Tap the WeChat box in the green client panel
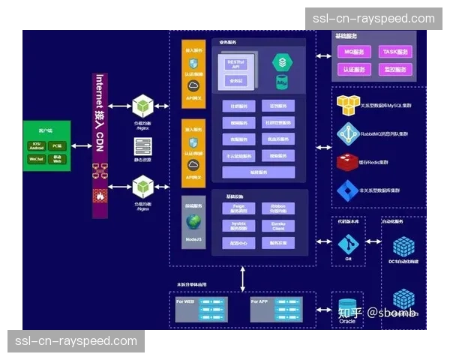[x=35, y=159]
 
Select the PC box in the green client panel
[x=58, y=145]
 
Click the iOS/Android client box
[x=35, y=145]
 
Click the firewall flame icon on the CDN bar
[x=99, y=195]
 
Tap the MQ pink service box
[x=353, y=52]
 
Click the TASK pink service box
[x=395, y=52]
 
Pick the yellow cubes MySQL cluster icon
[x=349, y=104]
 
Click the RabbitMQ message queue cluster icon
[x=349, y=133]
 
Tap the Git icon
[x=347, y=244]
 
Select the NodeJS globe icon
[x=193, y=223]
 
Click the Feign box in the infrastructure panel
[x=238, y=207]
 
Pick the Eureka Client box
[x=277, y=225]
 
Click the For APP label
[x=259, y=301]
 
